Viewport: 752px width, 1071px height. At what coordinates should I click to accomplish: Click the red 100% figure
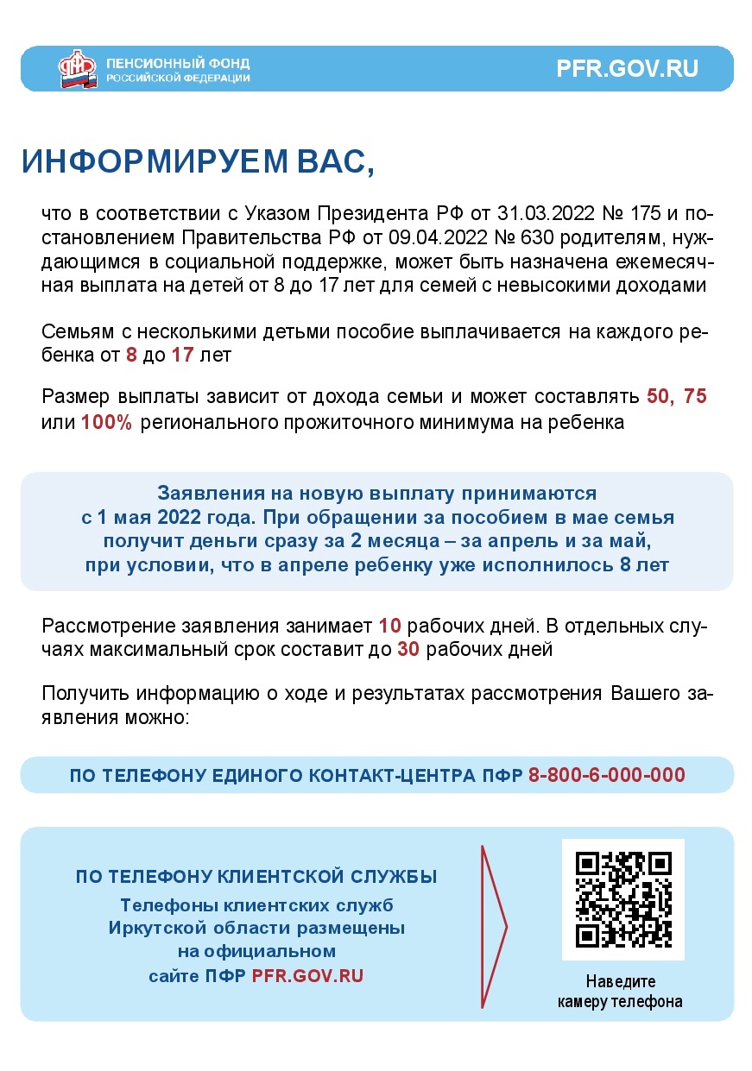106,423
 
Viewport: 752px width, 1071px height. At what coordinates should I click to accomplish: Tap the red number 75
694,397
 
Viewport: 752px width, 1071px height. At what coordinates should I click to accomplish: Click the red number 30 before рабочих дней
408,650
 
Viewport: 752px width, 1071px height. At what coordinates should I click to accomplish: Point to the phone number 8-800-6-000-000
606,775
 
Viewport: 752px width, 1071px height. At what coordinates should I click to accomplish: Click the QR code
623,899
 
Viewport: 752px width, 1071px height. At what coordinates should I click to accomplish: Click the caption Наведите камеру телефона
620,992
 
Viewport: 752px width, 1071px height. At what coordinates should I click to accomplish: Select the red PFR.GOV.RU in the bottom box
307,976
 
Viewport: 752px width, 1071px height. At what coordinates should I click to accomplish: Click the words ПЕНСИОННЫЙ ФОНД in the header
178,64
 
